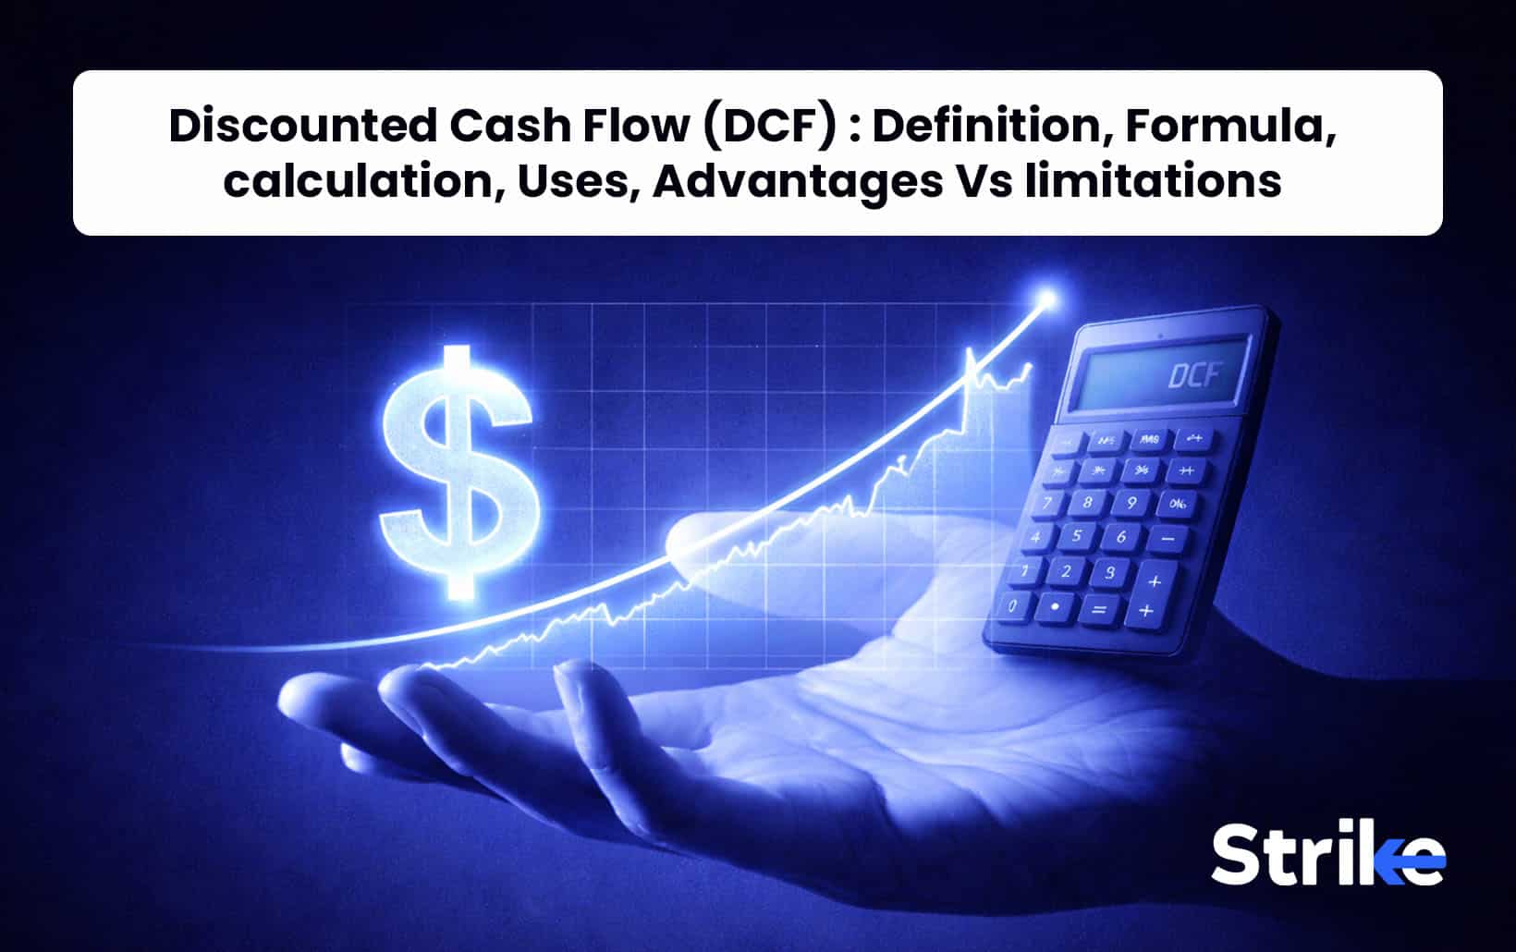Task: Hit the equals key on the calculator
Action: pos(1099,609)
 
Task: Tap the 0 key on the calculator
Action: pos(1013,606)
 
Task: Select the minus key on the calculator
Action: pos(1168,539)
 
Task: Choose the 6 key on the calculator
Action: pos(1121,537)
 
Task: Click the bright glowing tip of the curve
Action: pos(1046,299)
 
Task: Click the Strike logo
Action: pos(1327,855)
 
